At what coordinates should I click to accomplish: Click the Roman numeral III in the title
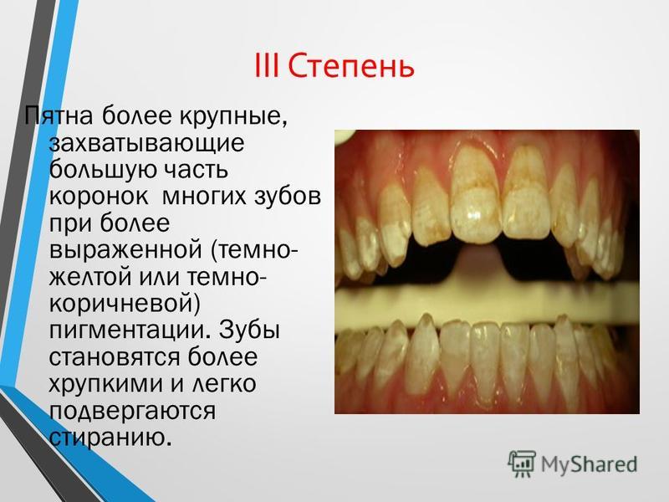pyautogui.click(x=267, y=66)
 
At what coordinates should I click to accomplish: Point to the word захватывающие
pyautogui.click(x=147, y=143)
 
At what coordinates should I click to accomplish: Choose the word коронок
pyautogui.click(x=99, y=197)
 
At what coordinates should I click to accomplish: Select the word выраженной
pyautogui.click(x=126, y=250)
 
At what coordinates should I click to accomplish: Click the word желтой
pyautogui.click(x=89, y=278)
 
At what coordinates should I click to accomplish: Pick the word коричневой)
pyautogui.click(x=125, y=305)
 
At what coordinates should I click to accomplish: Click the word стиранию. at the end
pyautogui.click(x=110, y=438)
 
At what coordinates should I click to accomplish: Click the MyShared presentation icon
pyautogui.click(x=521, y=464)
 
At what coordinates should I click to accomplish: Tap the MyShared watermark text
pyautogui.click(x=589, y=464)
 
